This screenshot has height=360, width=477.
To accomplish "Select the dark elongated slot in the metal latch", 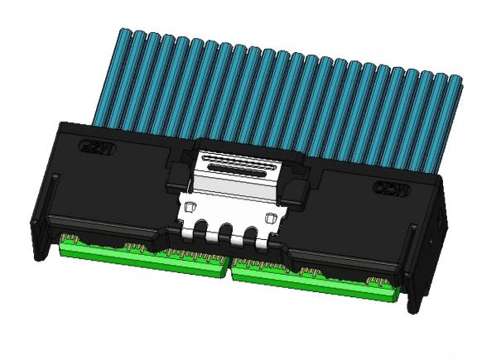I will pyautogui.click(x=239, y=166).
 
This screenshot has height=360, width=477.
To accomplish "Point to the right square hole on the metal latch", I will pyautogui.click(x=270, y=216).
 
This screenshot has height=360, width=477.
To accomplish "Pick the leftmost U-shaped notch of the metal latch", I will pyautogui.click(x=203, y=231).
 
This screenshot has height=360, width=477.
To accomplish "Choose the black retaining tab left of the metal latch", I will pyautogui.click(x=176, y=171).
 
